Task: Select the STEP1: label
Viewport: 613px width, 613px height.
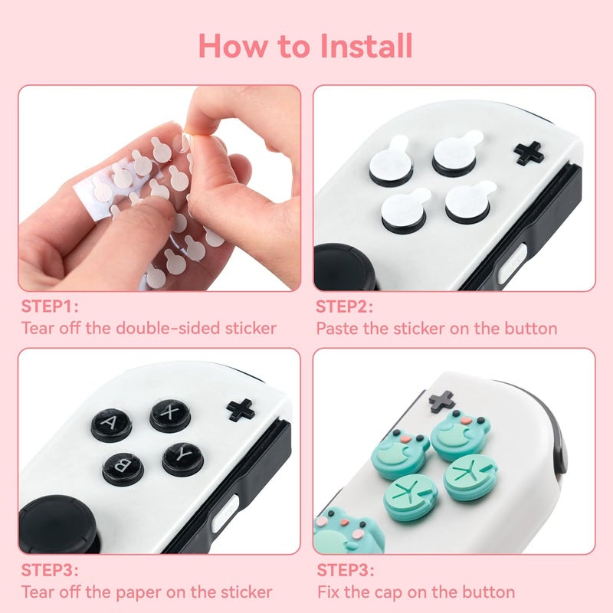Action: [50, 306]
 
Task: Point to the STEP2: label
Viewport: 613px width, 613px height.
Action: [345, 306]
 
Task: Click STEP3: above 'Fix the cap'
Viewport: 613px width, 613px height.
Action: [345, 570]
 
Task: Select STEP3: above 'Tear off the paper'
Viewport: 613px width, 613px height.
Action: [50, 570]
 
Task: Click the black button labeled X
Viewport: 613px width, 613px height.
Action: [170, 415]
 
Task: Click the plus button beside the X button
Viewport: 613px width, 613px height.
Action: [241, 409]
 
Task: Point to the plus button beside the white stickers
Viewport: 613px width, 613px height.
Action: [529, 152]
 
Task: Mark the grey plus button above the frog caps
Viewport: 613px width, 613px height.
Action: [442, 400]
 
